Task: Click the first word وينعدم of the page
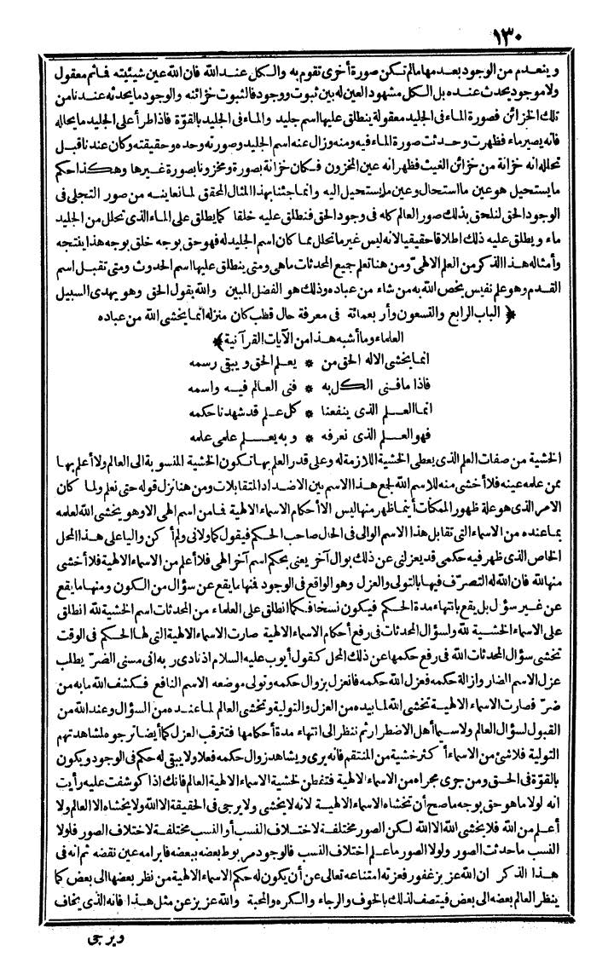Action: click(x=563, y=66)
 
